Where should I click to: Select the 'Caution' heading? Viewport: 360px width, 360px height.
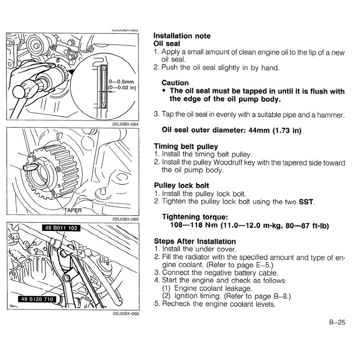coord(175,83)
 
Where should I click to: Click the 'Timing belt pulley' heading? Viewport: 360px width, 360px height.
coord(186,147)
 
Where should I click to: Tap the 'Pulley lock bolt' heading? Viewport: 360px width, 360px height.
coord(181,186)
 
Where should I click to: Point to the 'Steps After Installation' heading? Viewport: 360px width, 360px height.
coord(195,242)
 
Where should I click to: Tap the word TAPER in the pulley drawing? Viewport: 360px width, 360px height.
coord(72,211)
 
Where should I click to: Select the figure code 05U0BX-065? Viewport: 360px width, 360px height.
coord(126,219)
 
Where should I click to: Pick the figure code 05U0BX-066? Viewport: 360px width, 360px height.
coord(126,314)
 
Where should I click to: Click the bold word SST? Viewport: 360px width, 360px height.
coord(306,202)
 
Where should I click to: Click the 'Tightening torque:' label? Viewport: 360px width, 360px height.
coord(192,217)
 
